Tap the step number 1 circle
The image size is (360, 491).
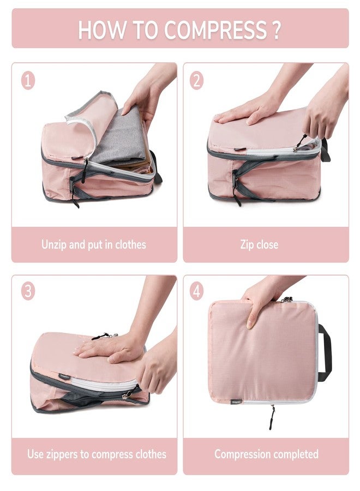tap(28, 81)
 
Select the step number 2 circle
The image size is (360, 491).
tap(197, 81)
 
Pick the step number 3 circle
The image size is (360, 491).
tap(28, 291)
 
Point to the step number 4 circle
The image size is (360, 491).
tap(197, 291)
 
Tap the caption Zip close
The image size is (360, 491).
tap(259, 244)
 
